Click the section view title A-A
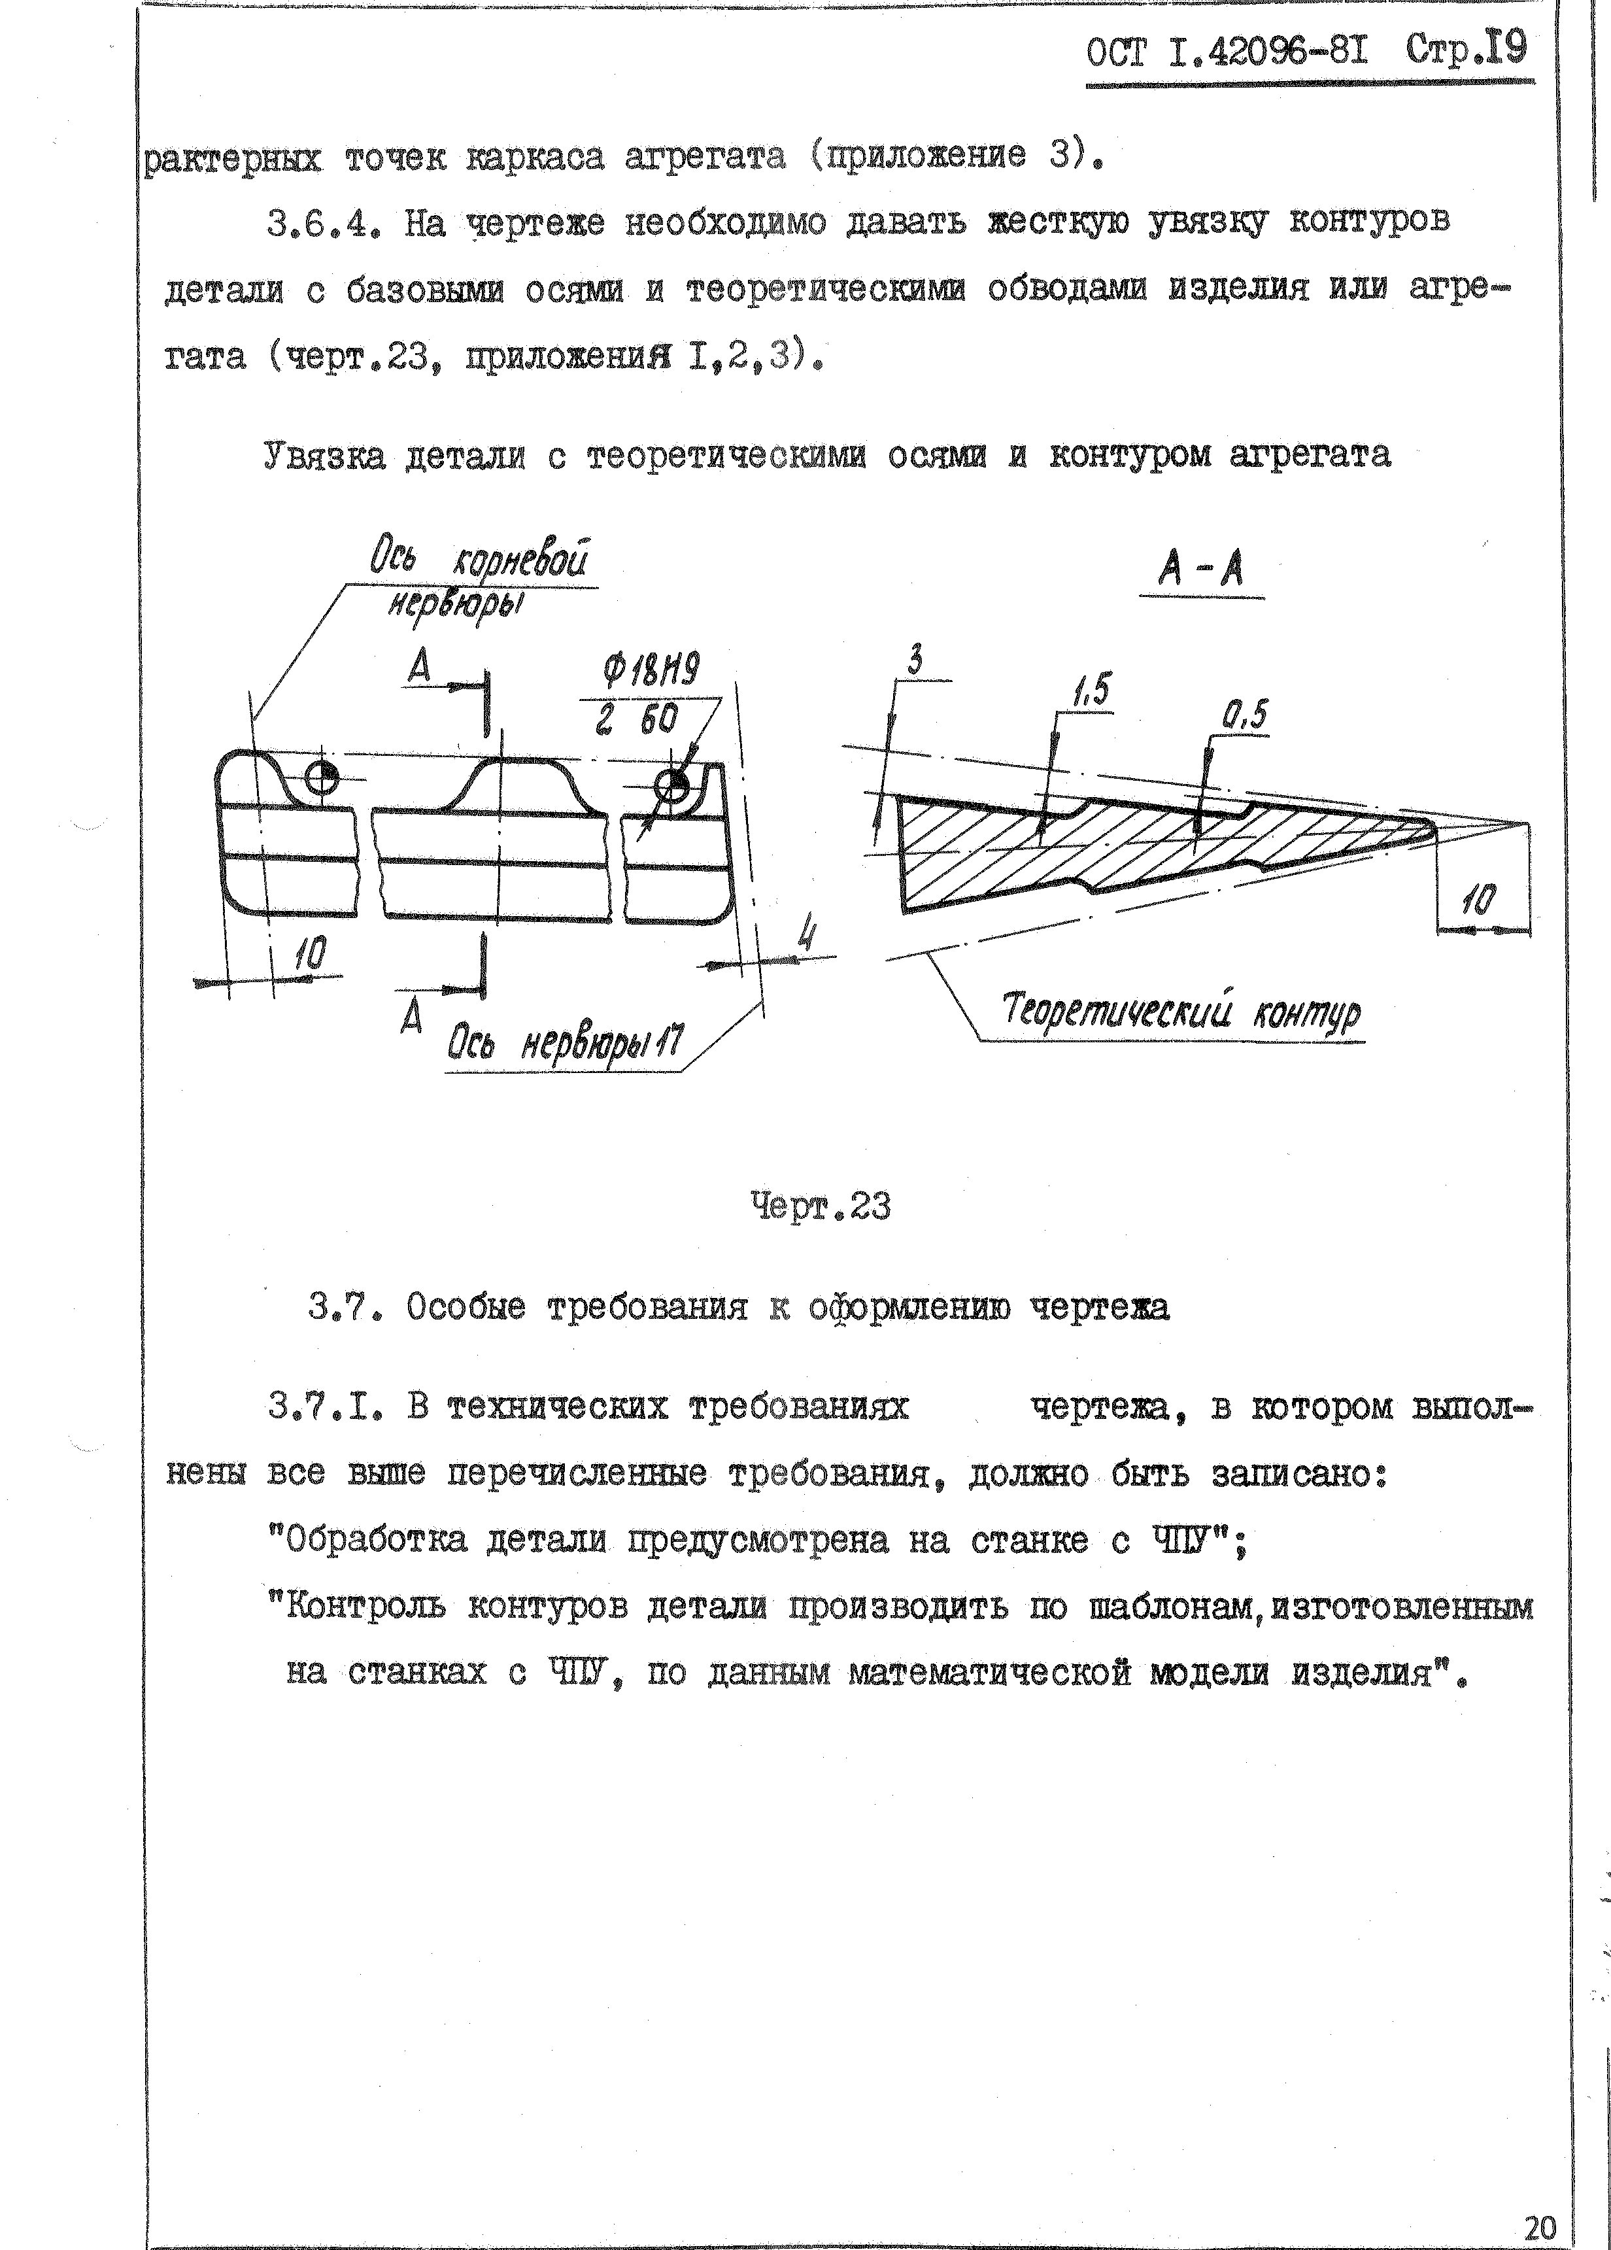1200,570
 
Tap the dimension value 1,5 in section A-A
1092,690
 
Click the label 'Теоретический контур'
1181,1012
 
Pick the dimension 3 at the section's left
915,660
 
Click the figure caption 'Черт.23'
821,1206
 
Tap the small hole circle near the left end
322,777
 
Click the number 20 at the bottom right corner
1540,2229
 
